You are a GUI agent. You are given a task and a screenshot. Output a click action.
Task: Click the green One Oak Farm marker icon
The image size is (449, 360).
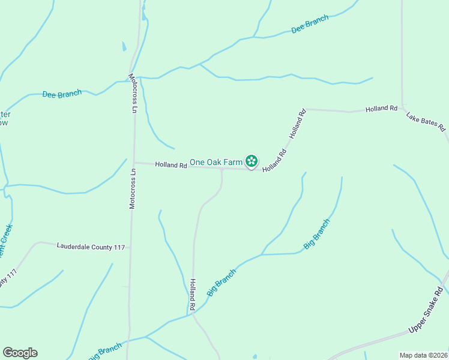(x=252, y=161)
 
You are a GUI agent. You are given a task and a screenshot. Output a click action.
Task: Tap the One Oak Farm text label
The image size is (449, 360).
(x=216, y=162)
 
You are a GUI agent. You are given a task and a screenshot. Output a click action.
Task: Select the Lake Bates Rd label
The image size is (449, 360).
(x=425, y=121)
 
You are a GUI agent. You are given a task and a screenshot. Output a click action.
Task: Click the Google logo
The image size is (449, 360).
(x=20, y=353)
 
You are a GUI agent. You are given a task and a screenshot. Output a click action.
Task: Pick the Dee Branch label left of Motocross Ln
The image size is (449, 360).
(x=61, y=94)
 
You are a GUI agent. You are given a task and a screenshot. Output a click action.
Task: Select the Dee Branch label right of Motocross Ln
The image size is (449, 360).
(x=310, y=25)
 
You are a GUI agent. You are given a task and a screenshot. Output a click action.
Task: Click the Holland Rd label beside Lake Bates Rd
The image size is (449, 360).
(x=382, y=109)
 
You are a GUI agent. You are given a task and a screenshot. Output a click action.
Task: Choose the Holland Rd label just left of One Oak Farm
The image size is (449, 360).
(x=171, y=164)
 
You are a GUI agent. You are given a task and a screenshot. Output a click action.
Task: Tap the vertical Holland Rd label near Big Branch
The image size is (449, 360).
(x=193, y=294)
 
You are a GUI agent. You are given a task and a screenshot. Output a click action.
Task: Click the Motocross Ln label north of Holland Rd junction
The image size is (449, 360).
(x=134, y=93)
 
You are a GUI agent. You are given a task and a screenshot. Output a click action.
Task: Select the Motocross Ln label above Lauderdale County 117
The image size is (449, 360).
(x=133, y=188)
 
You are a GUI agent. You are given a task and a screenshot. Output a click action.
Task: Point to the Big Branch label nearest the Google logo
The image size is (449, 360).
(x=105, y=351)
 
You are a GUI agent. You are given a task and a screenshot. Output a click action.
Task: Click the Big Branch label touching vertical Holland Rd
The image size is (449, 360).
(x=221, y=281)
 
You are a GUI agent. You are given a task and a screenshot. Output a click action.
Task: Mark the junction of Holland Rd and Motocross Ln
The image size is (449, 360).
(x=134, y=163)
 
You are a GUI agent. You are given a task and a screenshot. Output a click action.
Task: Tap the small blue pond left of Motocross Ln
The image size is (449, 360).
(x=124, y=46)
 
